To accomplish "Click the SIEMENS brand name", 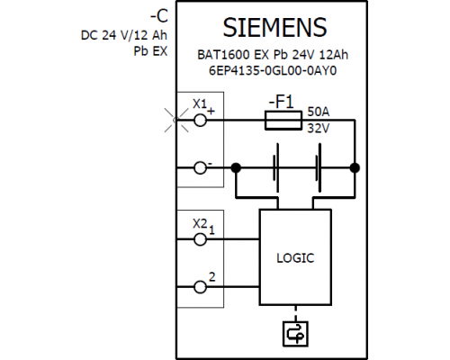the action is [274, 28].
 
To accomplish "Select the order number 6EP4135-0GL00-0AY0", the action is [273, 71].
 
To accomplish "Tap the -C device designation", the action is [159, 16].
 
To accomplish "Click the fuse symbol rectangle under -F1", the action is [283, 121].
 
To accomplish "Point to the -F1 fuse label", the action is [281, 102].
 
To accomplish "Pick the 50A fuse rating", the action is [319, 112].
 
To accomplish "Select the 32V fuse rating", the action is [319, 129].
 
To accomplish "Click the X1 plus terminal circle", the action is [200, 121].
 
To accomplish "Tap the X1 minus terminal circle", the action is [200, 168].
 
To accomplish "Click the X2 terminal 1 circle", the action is [200, 239].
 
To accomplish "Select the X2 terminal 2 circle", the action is [200, 287].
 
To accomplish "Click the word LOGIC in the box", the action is [295, 258].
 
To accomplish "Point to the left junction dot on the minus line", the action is [236, 168].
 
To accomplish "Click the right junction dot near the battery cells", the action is [355, 168].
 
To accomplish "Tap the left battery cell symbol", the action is [276, 168].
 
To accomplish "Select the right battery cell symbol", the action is [319, 168].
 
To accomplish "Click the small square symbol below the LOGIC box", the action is [295, 334].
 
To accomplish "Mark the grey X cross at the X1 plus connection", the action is [176, 120].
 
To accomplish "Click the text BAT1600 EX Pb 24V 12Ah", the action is [273, 55].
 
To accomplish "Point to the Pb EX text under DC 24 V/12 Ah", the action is [150, 51].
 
